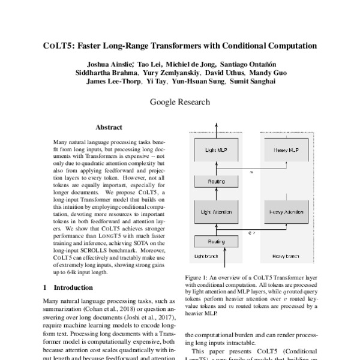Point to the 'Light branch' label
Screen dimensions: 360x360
coord(207,256)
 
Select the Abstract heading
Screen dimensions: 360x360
coord(109,127)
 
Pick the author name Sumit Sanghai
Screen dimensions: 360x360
coord(252,81)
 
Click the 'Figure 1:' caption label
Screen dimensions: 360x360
coord(196,278)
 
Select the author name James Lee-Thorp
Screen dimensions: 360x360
coord(112,81)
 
